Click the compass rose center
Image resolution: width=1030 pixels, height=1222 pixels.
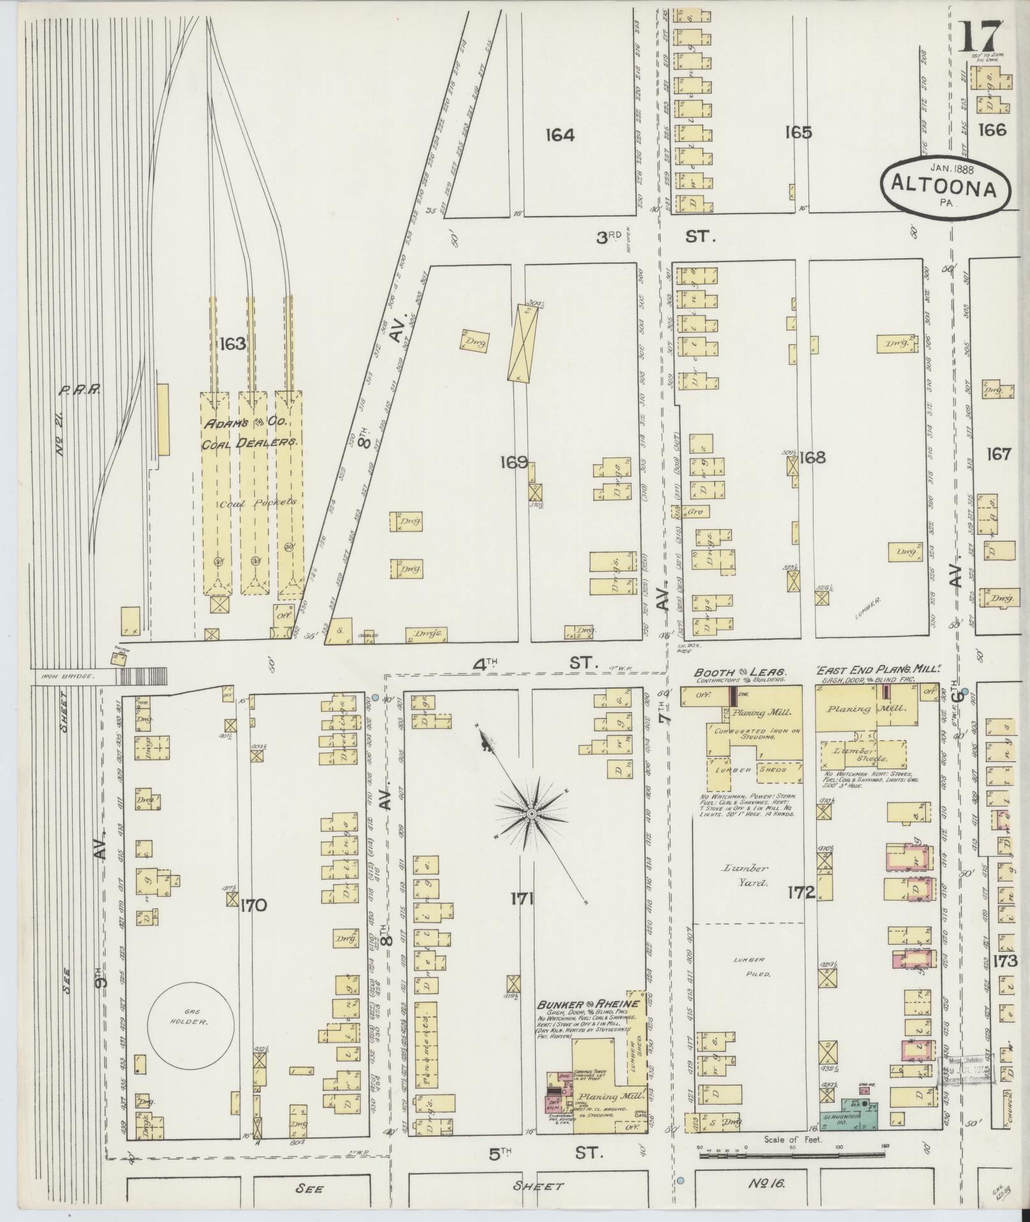[531, 814]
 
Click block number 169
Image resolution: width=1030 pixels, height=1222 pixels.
[515, 462]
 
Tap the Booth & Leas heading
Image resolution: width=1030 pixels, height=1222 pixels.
[740, 673]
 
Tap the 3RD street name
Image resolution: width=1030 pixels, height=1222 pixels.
[609, 238]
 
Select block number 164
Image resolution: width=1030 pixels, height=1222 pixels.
[560, 135]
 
